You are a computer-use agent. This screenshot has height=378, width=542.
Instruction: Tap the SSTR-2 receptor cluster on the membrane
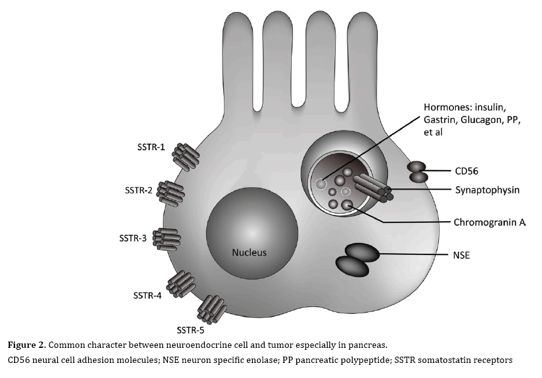point(170,192)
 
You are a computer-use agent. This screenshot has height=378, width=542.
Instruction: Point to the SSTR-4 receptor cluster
point(180,283)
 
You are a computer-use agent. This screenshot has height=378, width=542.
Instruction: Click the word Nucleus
point(249,253)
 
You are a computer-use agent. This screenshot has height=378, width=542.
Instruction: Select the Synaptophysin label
point(487,190)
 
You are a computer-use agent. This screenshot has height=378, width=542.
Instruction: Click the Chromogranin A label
point(489,222)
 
